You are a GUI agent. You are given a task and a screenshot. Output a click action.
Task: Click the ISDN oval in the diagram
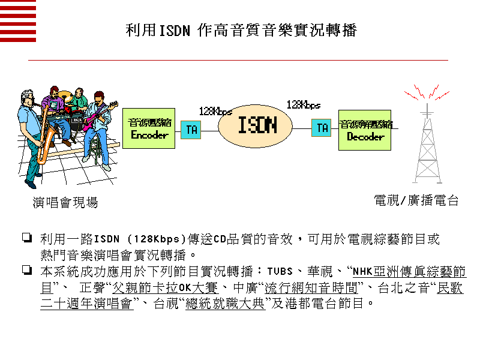pos(257,125)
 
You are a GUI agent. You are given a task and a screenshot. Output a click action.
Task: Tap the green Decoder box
pos(365,130)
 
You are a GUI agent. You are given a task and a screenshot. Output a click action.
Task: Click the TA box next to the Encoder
pos(190,130)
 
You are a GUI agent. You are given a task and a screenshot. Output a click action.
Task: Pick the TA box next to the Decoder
pos(321,127)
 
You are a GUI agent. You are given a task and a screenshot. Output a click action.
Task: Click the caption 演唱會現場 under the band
pos(65,203)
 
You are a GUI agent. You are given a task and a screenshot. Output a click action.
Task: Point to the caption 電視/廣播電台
pos(416,200)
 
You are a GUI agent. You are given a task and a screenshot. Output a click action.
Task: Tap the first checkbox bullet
pos(26,238)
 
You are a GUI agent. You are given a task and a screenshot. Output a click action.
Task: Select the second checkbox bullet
pos(26,269)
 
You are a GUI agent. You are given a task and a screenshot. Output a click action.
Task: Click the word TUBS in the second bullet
pos(279,271)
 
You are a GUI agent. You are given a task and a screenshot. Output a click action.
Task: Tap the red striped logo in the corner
pos(18,21)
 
